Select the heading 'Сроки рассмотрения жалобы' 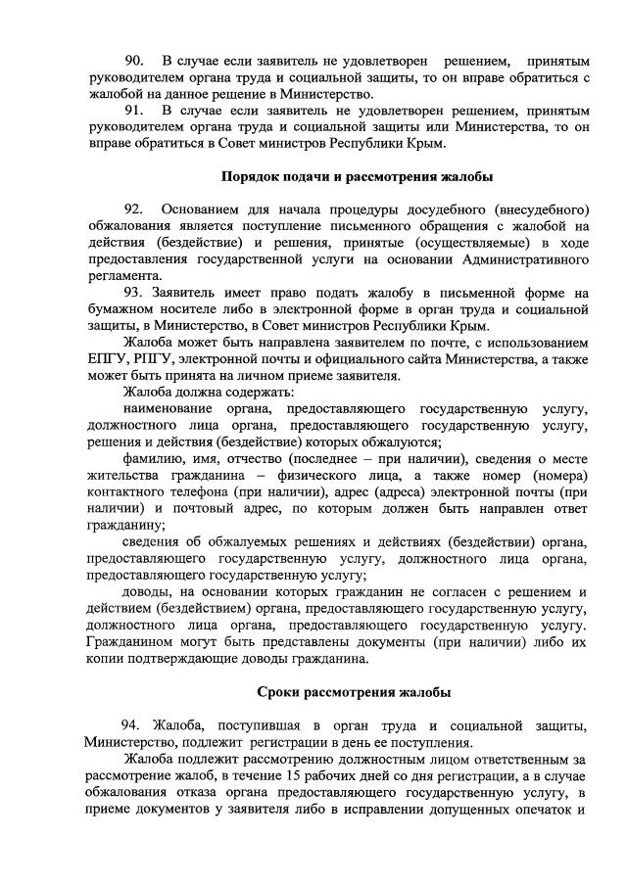coord(354,692)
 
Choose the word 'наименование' coord(173,408)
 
